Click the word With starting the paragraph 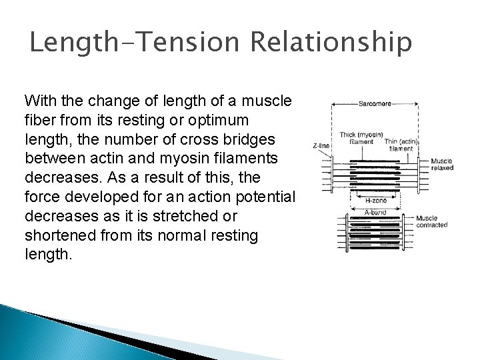point(38,101)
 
